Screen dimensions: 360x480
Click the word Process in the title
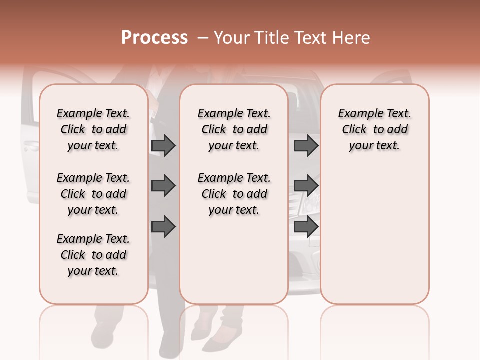154,38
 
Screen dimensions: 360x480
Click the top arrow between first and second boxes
163,146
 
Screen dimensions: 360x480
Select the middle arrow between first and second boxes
163,186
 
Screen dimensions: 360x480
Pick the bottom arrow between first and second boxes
163,227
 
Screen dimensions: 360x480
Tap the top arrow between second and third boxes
306,146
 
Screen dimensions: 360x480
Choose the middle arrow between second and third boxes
306,186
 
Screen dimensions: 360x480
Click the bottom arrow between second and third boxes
306,227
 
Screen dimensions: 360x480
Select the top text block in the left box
93,129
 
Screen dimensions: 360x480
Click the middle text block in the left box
93,194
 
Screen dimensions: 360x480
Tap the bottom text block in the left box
93,255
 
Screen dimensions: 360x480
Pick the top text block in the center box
234,129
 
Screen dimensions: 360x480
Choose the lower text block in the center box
234,194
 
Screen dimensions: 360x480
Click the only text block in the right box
374,129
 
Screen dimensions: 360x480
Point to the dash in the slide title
203,38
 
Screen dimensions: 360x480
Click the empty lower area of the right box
374,235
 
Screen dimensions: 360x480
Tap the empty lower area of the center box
234,260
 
